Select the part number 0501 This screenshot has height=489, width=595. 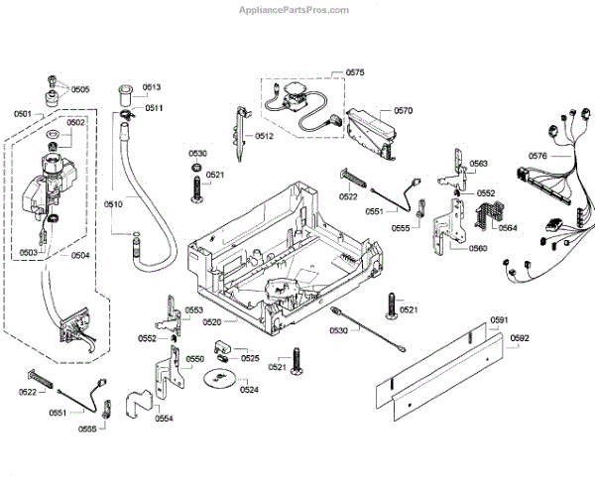[x=22, y=113]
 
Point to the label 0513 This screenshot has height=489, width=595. [x=151, y=87]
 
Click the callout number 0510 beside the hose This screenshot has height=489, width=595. [x=113, y=203]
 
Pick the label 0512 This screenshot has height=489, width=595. [x=264, y=135]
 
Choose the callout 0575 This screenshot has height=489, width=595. [x=355, y=72]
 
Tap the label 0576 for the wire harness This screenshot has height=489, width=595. [x=537, y=156]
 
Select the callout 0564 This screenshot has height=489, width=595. [x=507, y=227]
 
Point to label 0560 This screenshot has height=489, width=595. [x=478, y=248]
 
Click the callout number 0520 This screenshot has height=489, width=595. [x=212, y=321]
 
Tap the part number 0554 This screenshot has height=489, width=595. [x=163, y=419]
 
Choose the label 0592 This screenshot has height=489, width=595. [x=521, y=337]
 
